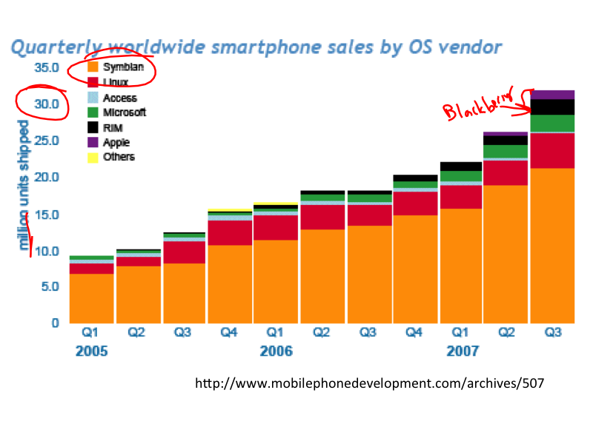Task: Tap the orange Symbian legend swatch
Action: click(93, 67)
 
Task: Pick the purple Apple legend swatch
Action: click(93, 142)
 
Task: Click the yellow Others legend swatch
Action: click(93, 157)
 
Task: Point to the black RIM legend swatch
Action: click(93, 127)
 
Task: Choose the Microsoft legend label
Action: click(125, 112)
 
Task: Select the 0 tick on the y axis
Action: click(55, 323)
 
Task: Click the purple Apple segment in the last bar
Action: click(552, 95)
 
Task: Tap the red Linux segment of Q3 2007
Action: click(552, 151)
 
